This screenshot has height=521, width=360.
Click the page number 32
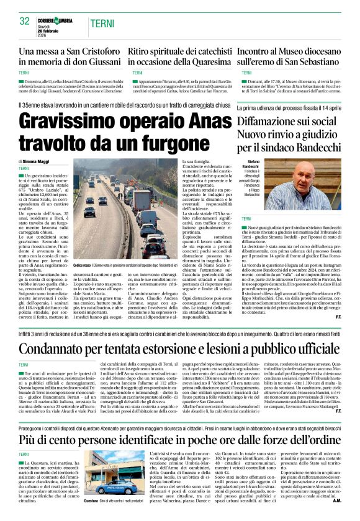25,20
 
